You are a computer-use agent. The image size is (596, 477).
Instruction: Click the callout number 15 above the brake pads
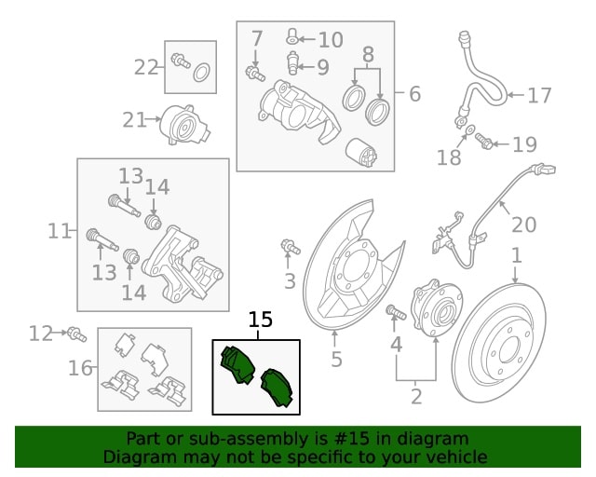[x=261, y=320]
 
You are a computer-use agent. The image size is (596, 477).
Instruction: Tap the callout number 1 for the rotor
[x=516, y=255]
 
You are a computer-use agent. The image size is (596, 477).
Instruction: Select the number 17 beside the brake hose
[x=539, y=95]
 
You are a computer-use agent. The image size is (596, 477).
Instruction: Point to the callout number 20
[x=524, y=225]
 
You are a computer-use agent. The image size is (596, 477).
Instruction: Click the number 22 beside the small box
[x=146, y=67]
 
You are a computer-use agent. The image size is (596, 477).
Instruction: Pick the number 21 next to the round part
[x=135, y=119]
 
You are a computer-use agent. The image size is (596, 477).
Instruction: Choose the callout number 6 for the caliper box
[x=413, y=94]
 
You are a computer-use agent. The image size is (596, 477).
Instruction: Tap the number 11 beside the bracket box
[x=60, y=230]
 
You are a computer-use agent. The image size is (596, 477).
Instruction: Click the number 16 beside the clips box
[x=81, y=369]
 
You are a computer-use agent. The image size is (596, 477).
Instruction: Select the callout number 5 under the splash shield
[x=336, y=360]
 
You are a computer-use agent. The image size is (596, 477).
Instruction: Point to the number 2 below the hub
[x=415, y=397]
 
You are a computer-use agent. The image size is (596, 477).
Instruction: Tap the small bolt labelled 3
[x=290, y=247]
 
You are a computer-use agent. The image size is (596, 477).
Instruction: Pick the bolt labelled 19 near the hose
[x=483, y=141]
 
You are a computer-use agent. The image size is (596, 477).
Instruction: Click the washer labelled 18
[x=469, y=129]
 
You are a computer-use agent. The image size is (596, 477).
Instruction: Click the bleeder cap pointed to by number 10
[x=291, y=37]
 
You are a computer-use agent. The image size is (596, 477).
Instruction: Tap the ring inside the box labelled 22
[x=201, y=73]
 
